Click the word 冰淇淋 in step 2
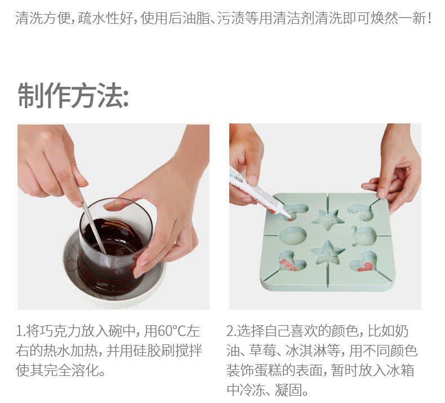306,351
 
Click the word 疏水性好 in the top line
105,18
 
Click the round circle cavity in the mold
293,235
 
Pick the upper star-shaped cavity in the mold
328,219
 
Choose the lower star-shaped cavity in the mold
328,253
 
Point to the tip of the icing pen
290,219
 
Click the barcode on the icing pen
238,179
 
